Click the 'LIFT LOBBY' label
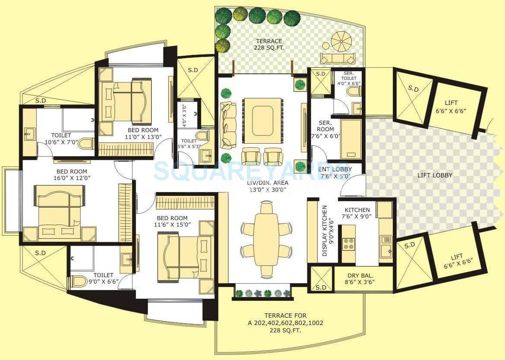click(435, 175)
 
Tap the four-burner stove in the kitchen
click(349, 243)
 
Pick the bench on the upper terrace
click(338, 58)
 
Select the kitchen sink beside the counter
click(385, 243)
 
